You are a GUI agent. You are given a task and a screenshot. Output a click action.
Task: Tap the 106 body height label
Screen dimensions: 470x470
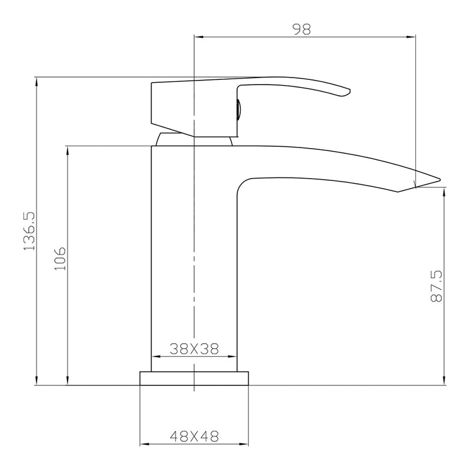(61, 259)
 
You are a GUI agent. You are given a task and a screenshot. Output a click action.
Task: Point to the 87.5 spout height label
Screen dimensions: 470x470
(436, 287)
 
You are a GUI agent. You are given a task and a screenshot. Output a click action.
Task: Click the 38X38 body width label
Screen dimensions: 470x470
(194, 349)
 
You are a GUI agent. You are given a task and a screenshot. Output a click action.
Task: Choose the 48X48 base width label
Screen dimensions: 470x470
(194, 437)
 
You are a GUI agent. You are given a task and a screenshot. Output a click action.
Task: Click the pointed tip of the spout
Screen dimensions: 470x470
(439, 177)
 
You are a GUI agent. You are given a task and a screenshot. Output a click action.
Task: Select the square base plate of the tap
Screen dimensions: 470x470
(194, 378)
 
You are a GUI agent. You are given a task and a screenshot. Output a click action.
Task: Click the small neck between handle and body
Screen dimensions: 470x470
(194, 139)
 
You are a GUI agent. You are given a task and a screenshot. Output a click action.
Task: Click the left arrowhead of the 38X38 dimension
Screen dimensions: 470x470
(156, 357)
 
